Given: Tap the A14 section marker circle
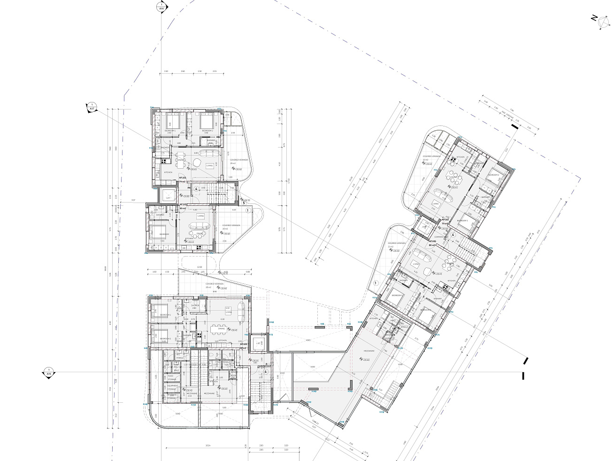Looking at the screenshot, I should [x=161, y=7].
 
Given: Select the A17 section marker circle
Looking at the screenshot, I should [x=92, y=107].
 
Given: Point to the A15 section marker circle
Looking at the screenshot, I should [x=48, y=372].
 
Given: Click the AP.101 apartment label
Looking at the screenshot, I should [x=182, y=179].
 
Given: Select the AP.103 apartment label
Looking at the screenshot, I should [x=244, y=344].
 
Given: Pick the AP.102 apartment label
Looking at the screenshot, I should [x=445, y=219].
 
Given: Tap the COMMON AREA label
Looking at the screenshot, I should [x=440, y=237].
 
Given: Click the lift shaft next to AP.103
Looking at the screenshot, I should [x=258, y=343].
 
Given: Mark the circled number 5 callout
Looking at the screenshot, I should [x=244, y=203].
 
